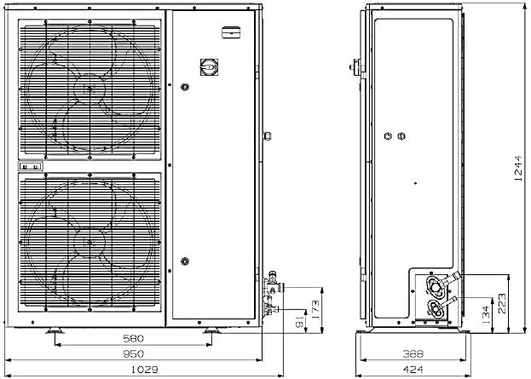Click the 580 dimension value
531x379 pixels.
[x=134, y=338]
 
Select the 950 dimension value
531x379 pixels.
[x=134, y=353]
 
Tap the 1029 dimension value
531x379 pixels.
[x=145, y=370]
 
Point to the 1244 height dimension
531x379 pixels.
[x=518, y=168]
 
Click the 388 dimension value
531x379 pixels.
[x=413, y=354]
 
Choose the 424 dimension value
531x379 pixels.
[x=413, y=370]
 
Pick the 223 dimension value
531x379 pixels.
[x=502, y=303]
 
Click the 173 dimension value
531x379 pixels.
[x=315, y=310]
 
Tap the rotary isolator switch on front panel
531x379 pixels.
[x=209, y=67]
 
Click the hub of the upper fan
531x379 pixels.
[x=89, y=89]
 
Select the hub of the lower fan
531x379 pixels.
[x=89, y=242]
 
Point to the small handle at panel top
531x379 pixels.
[x=231, y=32]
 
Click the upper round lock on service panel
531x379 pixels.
[x=185, y=87]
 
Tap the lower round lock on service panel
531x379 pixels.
[x=185, y=261]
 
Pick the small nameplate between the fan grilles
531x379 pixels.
[x=31, y=166]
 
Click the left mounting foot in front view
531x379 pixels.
[x=55, y=330]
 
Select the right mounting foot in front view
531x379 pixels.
[x=211, y=330]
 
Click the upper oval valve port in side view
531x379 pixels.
[x=436, y=286]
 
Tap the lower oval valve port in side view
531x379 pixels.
[x=436, y=308]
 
